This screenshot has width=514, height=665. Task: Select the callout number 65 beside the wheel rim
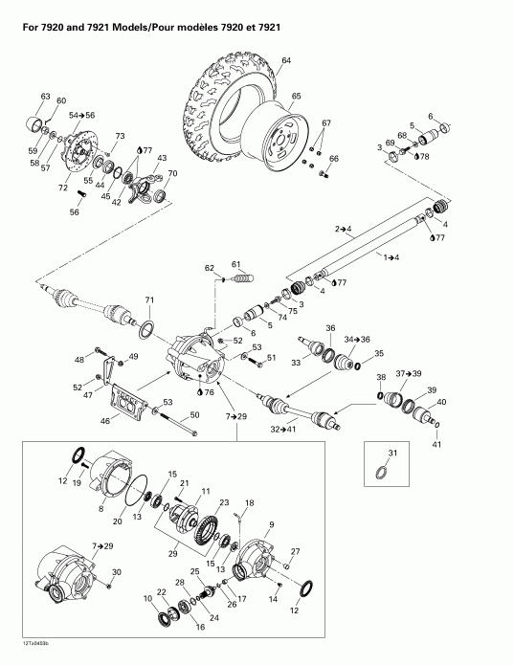point(296,96)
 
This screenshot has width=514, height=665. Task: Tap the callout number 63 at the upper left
point(45,97)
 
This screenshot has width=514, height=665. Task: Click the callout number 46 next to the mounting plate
point(105,418)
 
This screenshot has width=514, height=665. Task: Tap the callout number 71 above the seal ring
point(148,301)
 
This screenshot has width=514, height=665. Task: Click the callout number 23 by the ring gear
point(224,502)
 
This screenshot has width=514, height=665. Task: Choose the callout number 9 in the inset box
point(271,523)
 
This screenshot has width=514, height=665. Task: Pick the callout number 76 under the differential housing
point(209,392)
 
